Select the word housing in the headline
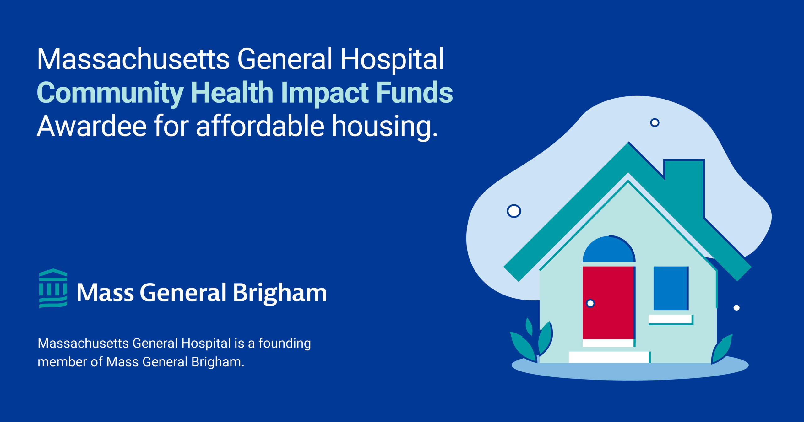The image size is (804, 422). point(385,127)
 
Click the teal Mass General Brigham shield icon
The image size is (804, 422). point(53,288)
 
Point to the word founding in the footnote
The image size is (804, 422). point(285,344)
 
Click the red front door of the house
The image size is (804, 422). point(608,303)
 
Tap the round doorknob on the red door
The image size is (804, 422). point(590,303)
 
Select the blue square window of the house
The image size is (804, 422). point(671,288)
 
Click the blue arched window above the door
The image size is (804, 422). point(609,249)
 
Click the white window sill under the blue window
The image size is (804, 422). point(670,319)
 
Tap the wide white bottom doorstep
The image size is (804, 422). point(609,357)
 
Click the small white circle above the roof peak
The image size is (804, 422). point(655,122)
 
